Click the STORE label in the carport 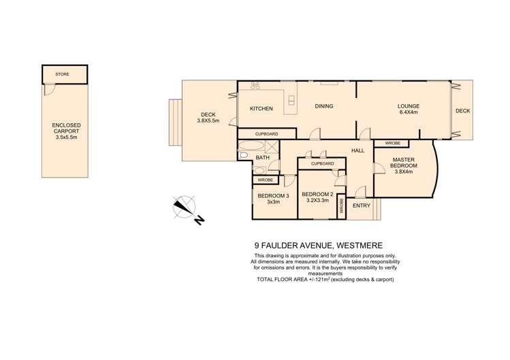click(62, 74)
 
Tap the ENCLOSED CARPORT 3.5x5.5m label click(66, 131)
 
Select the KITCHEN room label click(261, 109)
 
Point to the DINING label click(324, 106)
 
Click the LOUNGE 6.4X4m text click(409, 109)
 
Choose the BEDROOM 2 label click(317, 195)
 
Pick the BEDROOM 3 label click(273, 196)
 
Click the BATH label click(262, 157)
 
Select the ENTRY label click(362, 206)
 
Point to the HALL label click(357, 150)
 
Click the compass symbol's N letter click(199, 220)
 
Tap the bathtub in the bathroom click(251, 146)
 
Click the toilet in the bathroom click(242, 155)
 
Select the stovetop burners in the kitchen click(255, 86)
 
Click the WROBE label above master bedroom click(392, 143)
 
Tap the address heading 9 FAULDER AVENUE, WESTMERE click(319, 246)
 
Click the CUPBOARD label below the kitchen click(266, 134)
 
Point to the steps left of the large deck click(175, 122)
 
